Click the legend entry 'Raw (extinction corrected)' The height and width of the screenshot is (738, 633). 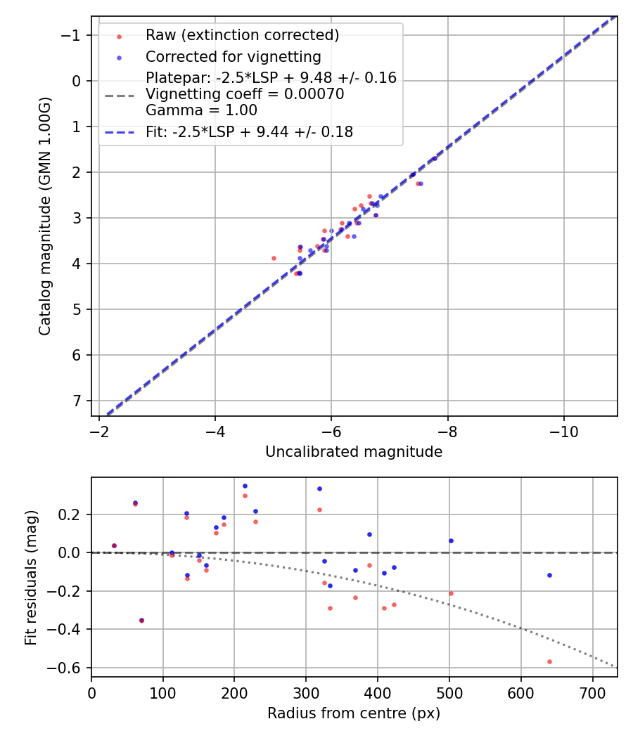click(x=242, y=35)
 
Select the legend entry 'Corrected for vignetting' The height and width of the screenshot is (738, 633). click(x=233, y=56)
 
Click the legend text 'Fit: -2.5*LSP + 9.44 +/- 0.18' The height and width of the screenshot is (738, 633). click(x=249, y=131)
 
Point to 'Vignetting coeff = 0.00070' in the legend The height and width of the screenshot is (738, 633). click(x=245, y=94)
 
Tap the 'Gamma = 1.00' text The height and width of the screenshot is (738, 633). click(x=201, y=110)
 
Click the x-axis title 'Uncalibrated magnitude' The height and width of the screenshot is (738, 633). click(x=354, y=452)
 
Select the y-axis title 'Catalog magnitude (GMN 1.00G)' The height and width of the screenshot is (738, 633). click(x=46, y=216)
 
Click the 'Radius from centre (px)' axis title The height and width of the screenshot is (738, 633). click(x=354, y=713)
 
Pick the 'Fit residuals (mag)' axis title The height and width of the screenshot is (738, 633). click(x=31, y=577)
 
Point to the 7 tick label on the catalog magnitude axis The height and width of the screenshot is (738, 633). click(x=77, y=401)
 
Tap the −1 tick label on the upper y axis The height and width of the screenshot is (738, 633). click(x=73, y=35)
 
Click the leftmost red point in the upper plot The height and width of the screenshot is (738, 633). click(x=274, y=258)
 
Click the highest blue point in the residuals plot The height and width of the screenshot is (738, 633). click(x=245, y=486)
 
